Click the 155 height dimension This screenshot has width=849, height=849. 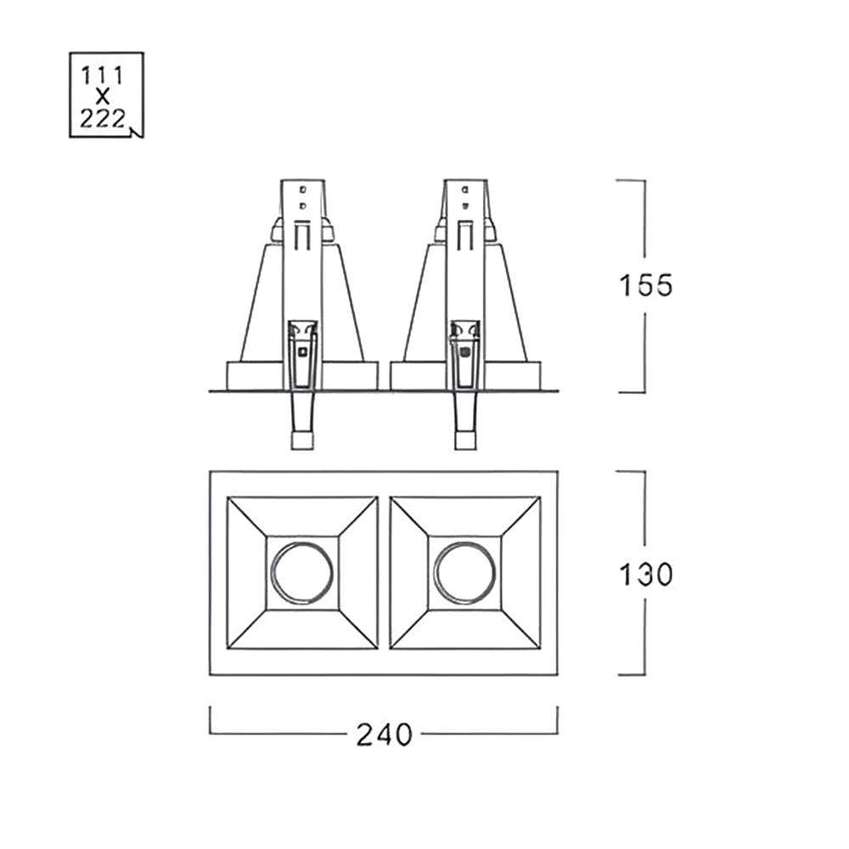coord(645,285)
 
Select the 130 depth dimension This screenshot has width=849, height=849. coord(645,575)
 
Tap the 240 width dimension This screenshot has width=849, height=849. coord(385,734)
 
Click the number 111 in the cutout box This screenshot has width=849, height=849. coord(102,76)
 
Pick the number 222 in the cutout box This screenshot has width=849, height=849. coord(103,119)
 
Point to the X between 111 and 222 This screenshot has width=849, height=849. coord(103,98)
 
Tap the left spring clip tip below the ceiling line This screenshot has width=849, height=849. coord(303,440)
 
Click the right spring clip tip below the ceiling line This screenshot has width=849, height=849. coord(465,440)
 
